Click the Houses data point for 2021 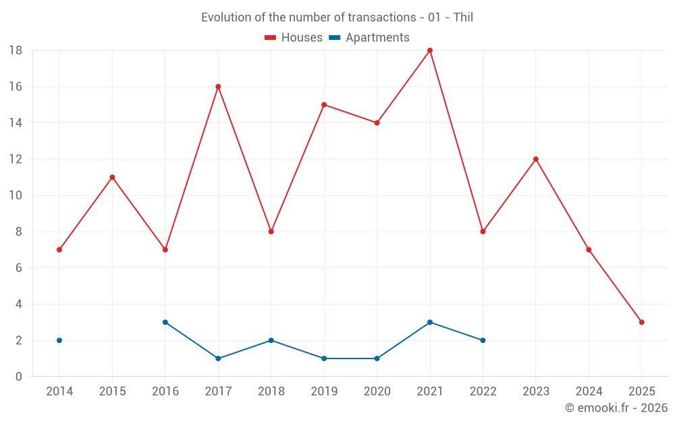tap(430, 51)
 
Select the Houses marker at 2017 tap(218, 86)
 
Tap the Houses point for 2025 tap(641, 322)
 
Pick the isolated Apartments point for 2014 tap(59, 340)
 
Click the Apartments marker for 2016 tap(165, 322)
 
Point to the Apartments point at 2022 tap(483, 340)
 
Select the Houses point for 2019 tap(324, 105)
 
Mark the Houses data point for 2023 tap(536, 159)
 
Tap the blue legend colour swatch tap(335, 38)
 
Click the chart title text tap(337, 18)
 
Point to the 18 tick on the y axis tap(16, 51)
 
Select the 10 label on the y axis tap(16, 196)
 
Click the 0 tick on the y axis tap(19, 377)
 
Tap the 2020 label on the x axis tap(377, 392)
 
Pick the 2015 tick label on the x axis tap(112, 392)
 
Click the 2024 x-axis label tap(589, 392)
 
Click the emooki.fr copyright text tap(616, 408)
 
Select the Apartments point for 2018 tap(271, 340)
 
